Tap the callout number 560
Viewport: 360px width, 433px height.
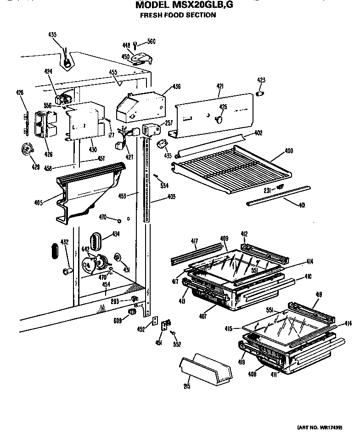pyautogui.click(x=151, y=42)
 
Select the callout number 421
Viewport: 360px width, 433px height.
pyautogui.click(x=219, y=86)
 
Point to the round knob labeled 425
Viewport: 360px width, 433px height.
pyautogui.click(x=219, y=119)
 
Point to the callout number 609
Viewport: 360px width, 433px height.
pyautogui.click(x=118, y=321)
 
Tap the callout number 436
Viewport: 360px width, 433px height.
pyautogui.click(x=176, y=86)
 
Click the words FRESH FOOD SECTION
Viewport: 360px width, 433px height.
pyautogui.click(x=178, y=15)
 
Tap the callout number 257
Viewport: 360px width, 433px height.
pyautogui.click(x=169, y=122)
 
